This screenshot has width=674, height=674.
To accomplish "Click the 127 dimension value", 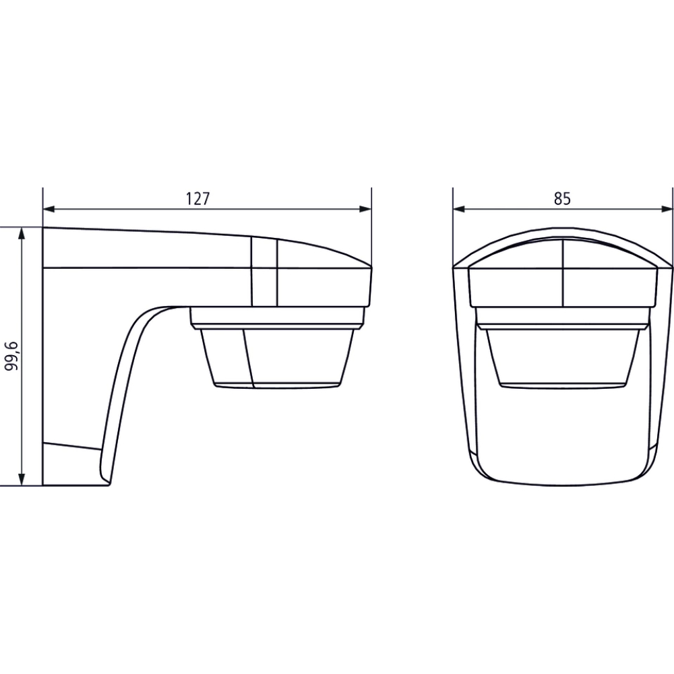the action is point(197,199).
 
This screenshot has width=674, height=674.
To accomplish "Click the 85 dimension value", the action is point(562,199).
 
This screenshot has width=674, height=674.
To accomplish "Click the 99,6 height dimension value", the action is point(11,357).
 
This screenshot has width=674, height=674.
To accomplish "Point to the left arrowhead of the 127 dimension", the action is point(49,210).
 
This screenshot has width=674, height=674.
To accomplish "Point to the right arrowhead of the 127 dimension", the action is point(365,210).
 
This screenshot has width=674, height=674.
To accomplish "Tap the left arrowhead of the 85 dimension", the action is point(459,210).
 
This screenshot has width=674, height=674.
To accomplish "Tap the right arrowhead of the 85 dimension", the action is point(667,210).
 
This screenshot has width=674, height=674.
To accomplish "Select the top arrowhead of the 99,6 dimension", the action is point(22,233).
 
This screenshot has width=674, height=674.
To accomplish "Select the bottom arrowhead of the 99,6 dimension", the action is point(22,479).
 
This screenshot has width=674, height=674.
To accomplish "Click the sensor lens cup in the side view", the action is point(278,358).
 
